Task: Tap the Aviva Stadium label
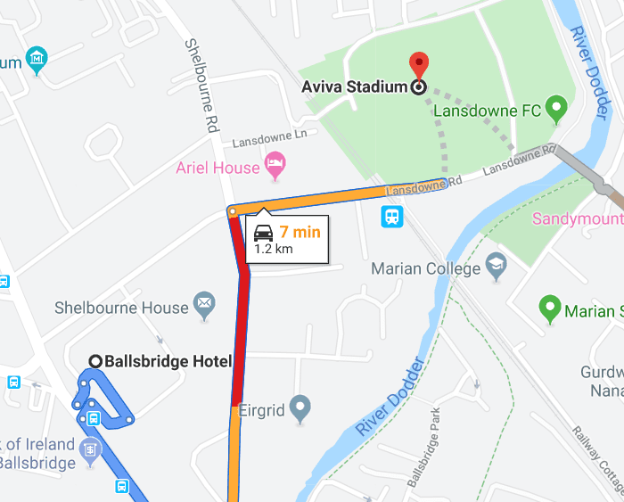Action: (353, 87)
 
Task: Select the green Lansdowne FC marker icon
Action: (557, 111)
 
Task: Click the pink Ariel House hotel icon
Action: (275, 165)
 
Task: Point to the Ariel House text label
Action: (218, 168)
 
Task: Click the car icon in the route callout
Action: (264, 234)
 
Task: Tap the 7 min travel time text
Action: (300, 233)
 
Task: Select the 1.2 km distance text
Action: (273, 250)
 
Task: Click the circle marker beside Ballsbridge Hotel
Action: (95, 361)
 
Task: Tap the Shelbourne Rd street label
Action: (201, 85)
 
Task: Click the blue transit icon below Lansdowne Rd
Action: (391, 217)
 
